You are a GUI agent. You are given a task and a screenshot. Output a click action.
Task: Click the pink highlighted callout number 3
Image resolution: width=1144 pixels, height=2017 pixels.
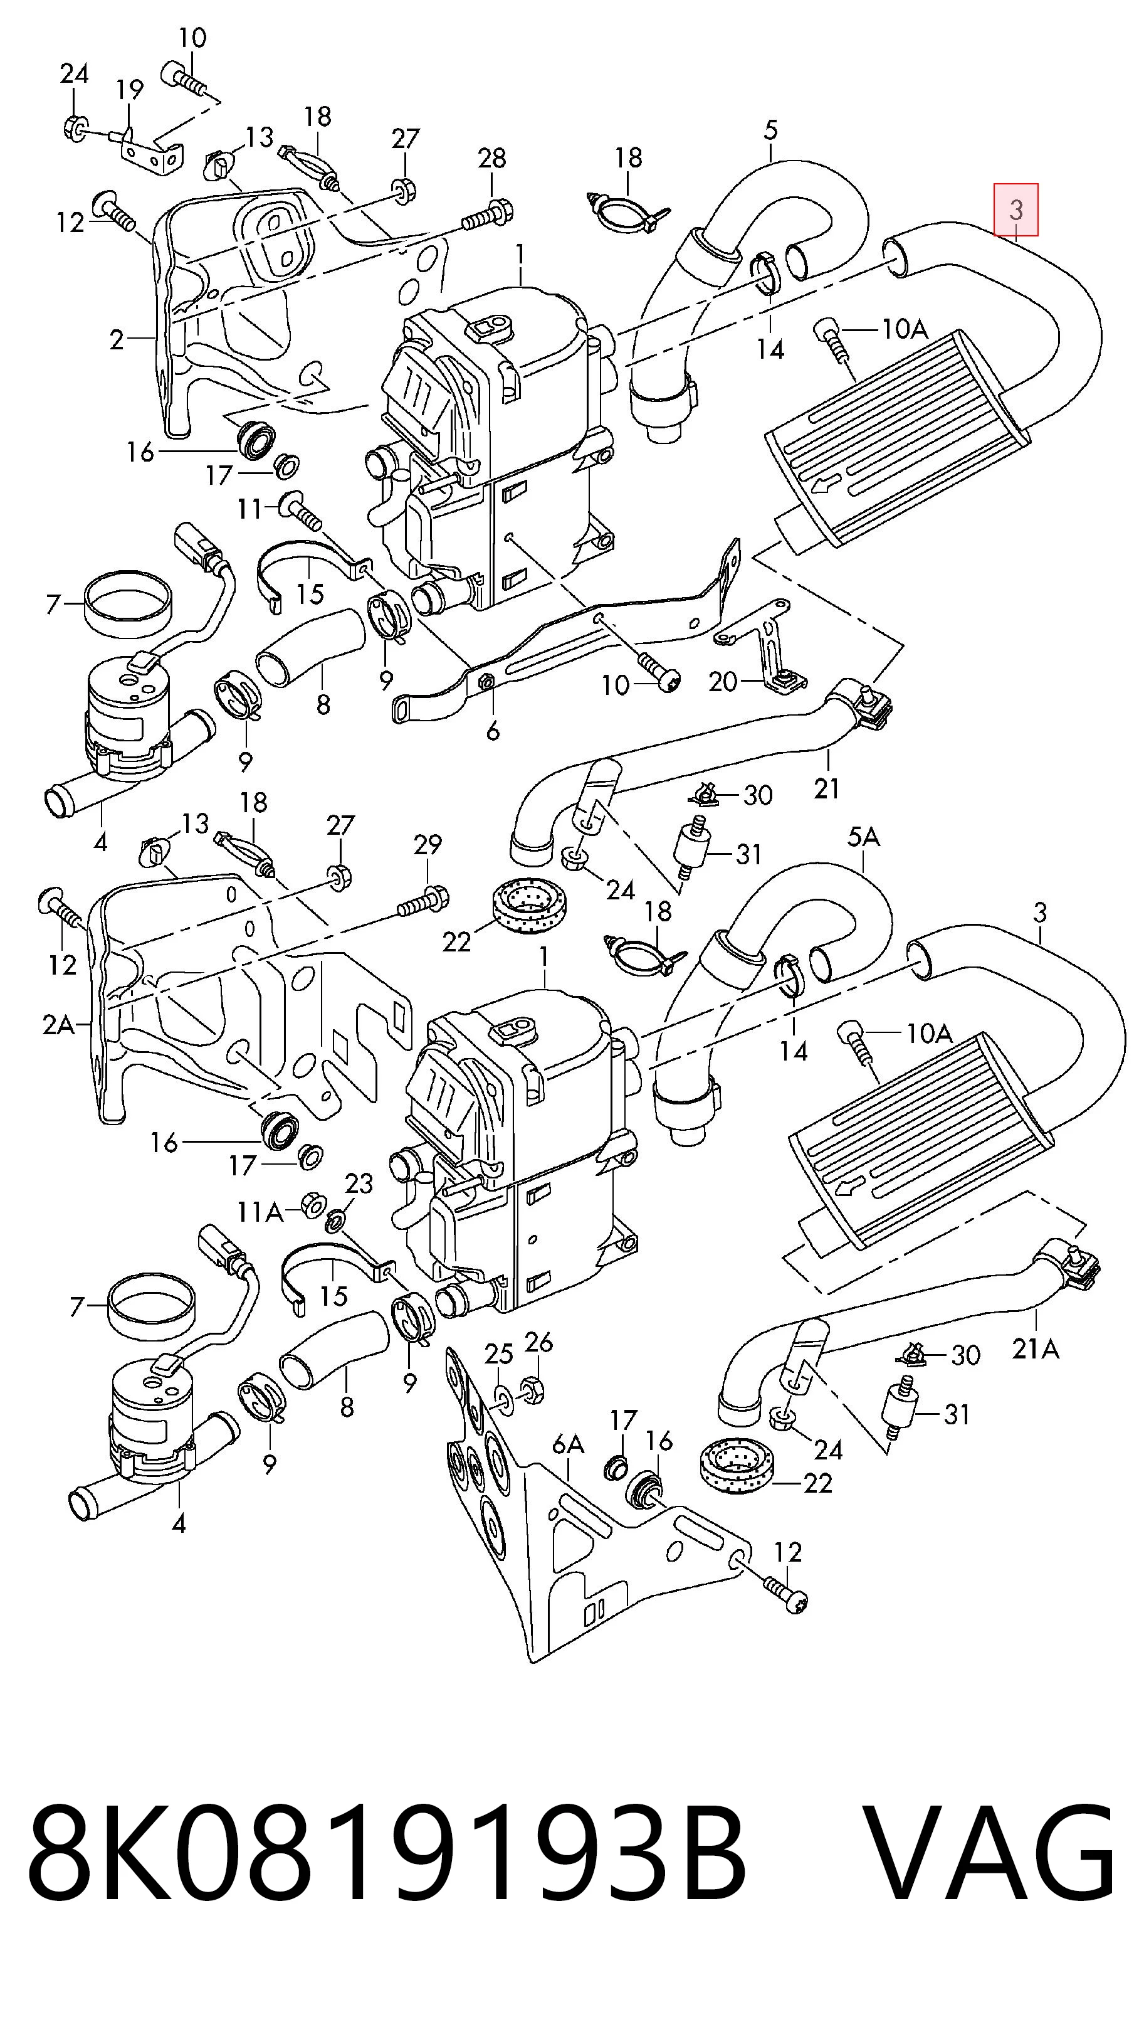click(x=1016, y=210)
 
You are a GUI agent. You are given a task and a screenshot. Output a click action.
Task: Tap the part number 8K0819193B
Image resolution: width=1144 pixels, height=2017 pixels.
click(x=387, y=1865)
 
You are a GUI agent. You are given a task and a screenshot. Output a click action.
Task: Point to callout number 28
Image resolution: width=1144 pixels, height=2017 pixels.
click(x=492, y=158)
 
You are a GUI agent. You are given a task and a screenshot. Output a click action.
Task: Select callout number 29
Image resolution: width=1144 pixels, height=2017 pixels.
click(x=428, y=845)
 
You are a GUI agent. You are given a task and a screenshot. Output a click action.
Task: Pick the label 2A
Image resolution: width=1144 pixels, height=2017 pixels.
click(x=58, y=1025)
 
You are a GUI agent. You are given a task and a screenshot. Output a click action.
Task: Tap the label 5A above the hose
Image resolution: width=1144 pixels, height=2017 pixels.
click(x=864, y=838)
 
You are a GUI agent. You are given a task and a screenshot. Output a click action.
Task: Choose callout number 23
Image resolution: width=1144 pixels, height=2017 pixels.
click(x=359, y=1183)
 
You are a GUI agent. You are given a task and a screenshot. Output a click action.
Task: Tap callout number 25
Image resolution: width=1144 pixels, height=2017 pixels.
click(x=498, y=1353)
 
